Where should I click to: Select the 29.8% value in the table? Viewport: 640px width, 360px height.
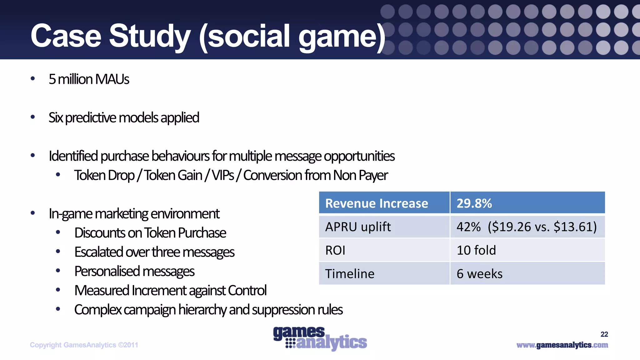(x=474, y=203)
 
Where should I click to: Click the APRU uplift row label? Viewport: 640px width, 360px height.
(x=358, y=227)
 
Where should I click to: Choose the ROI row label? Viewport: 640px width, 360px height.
(x=335, y=250)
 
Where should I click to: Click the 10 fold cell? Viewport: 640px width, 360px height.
(x=476, y=250)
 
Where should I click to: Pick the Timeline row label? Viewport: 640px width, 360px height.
(x=350, y=274)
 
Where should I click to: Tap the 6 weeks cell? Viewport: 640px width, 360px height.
(x=479, y=274)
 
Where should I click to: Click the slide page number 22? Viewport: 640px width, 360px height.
(x=604, y=334)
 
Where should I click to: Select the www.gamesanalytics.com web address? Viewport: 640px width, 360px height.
(x=562, y=345)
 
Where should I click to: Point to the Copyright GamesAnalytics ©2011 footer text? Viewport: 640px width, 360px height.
(x=84, y=345)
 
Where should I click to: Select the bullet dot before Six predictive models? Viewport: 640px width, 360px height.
(x=33, y=117)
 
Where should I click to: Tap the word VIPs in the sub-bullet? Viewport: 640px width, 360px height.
(x=223, y=175)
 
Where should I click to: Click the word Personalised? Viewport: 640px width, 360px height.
(x=106, y=271)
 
